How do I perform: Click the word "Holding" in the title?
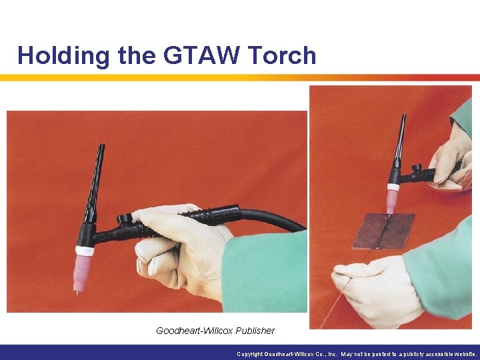63,56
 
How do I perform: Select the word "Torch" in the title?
283,55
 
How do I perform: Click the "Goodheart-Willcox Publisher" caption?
215,331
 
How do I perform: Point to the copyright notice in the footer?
357,354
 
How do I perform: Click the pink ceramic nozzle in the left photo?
83,270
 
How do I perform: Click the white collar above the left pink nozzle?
84,251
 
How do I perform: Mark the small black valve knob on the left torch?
123,218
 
